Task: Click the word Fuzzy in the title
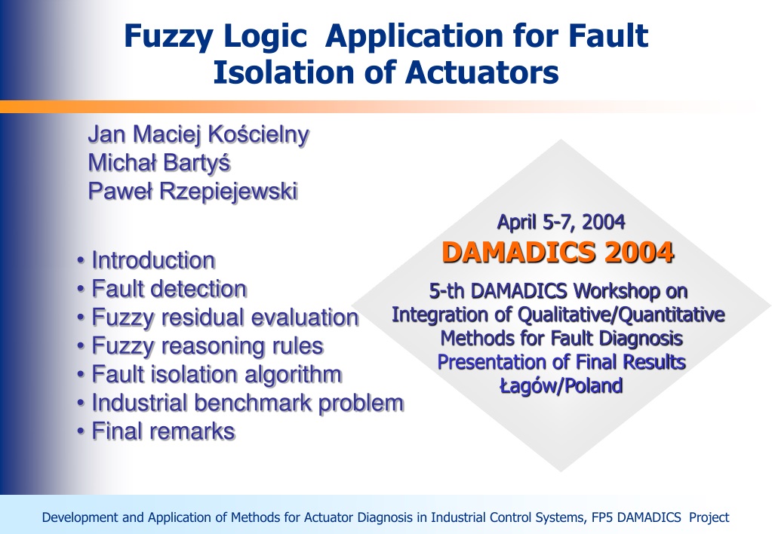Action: click(x=168, y=37)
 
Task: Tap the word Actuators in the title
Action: click(x=482, y=72)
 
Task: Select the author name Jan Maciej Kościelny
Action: click(x=198, y=134)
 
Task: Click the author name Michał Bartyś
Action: click(x=159, y=162)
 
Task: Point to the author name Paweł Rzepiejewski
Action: click(x=193, y=191)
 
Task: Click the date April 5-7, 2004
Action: click(x=561, y=222)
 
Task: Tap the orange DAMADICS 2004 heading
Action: click(x=558, y=253)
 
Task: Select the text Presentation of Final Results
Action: click(x=561, y=362)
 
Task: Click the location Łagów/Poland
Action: click(x=561, y=386)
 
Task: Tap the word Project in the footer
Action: click(x=709, y=517)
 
